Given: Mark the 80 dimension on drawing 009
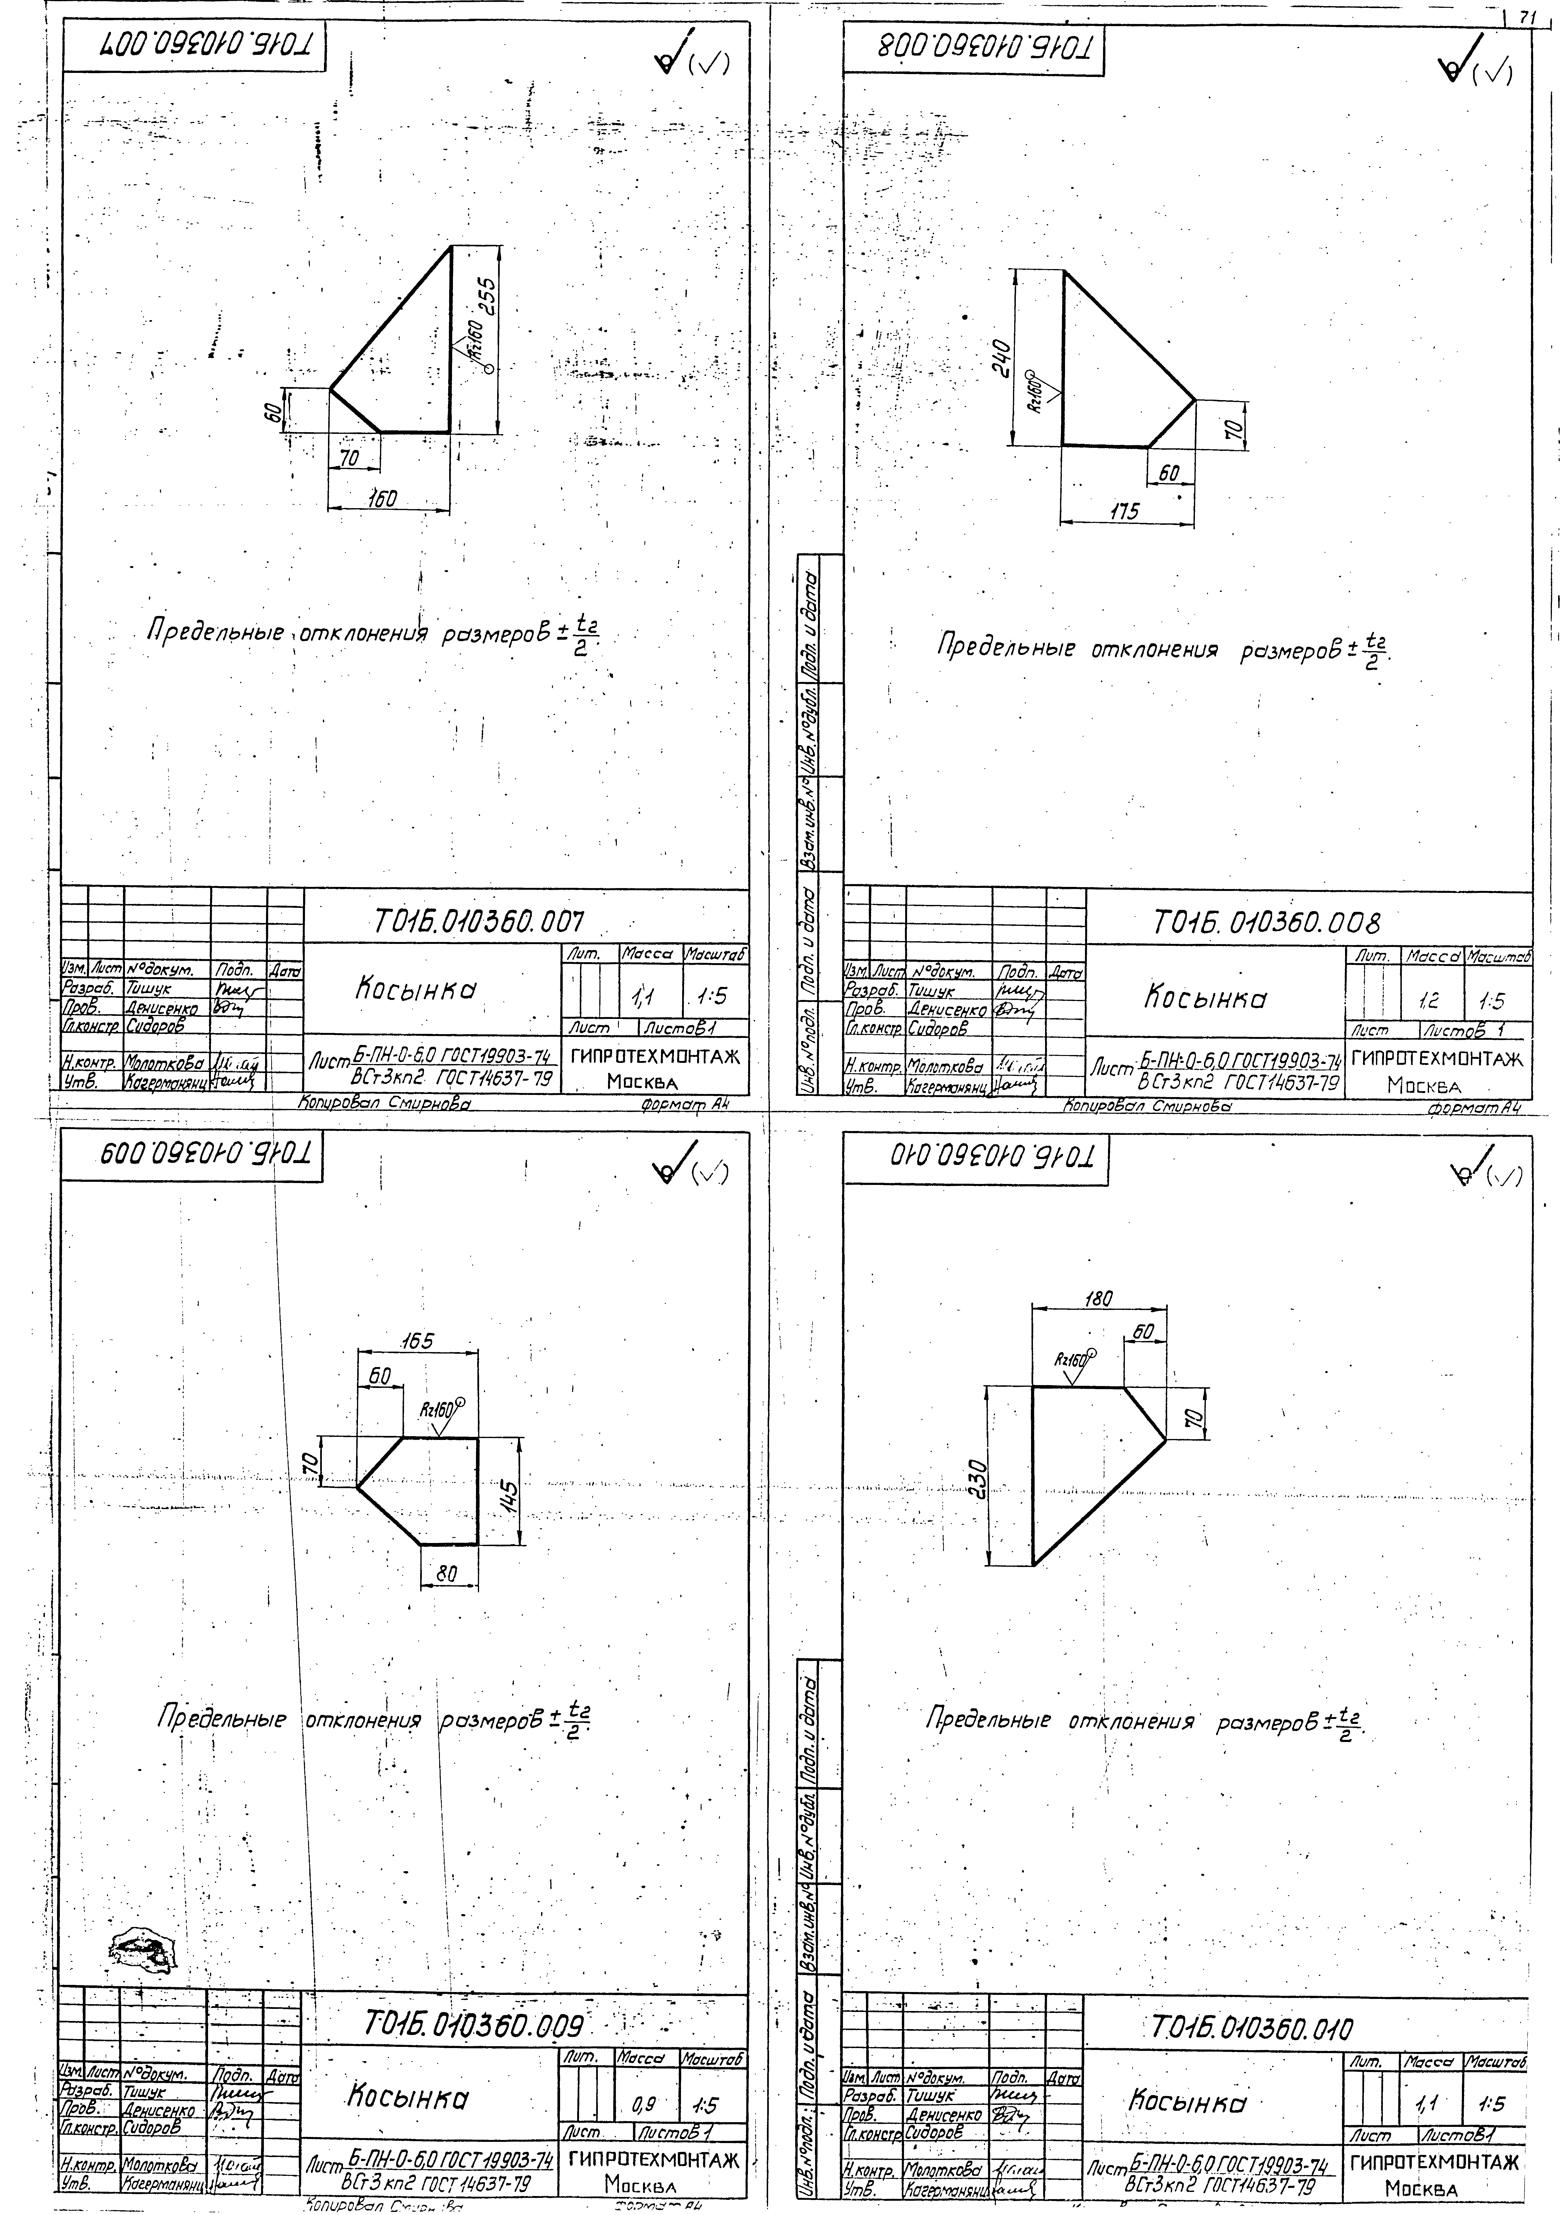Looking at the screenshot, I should (x=446, y=1573).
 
